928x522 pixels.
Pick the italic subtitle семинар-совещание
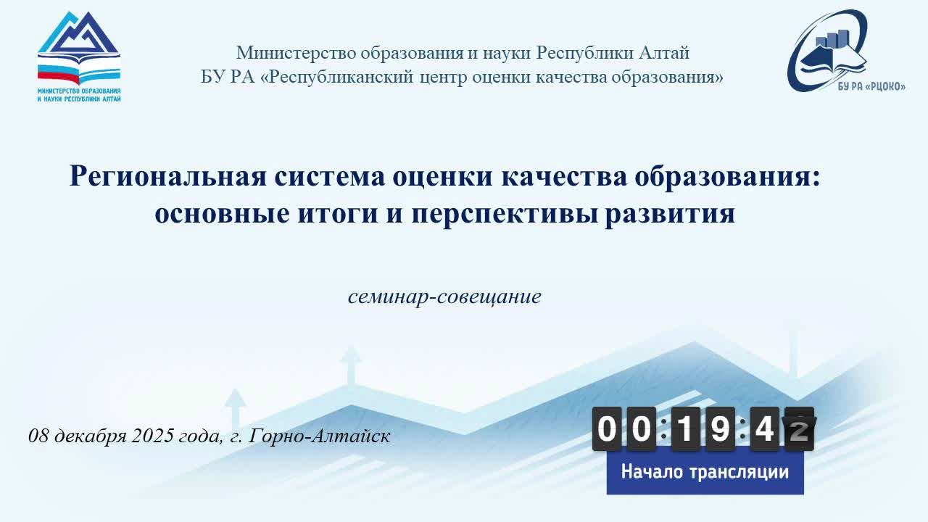(x=444, y=297)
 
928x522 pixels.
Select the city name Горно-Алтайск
(x=320, y=436)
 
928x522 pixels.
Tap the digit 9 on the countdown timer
(x=720, y=429)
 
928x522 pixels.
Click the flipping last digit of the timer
(x=799, y=429)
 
